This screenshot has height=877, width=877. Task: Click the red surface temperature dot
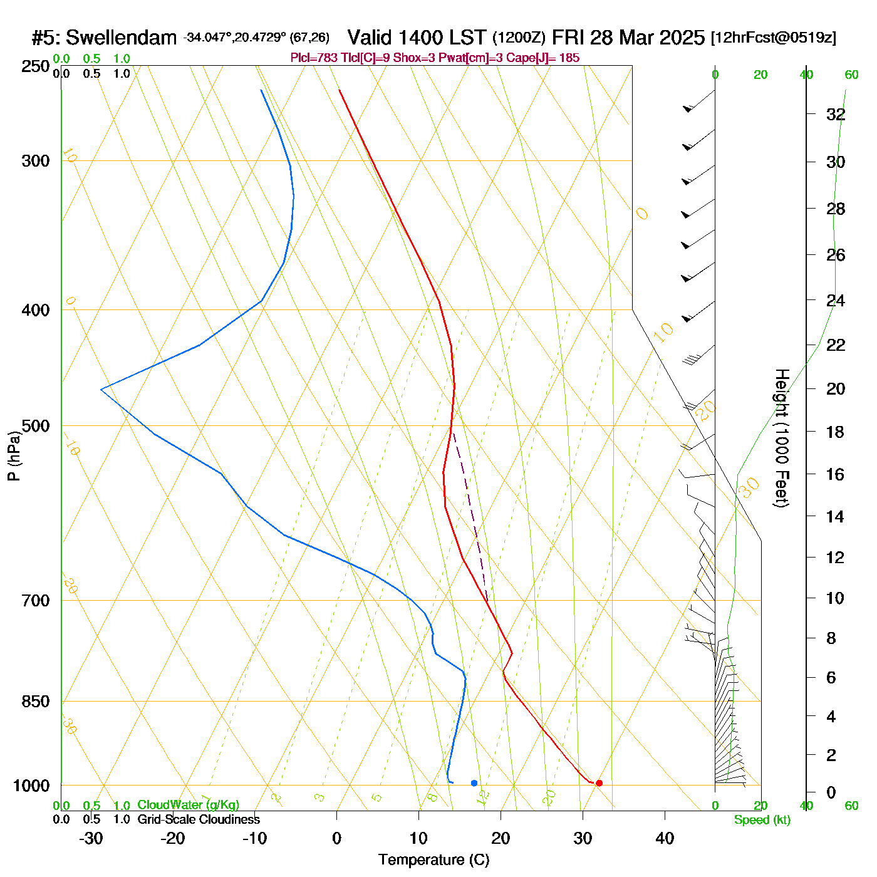(599, 783)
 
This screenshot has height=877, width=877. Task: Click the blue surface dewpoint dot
(474, 783)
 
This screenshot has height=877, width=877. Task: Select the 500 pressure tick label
(36, 426)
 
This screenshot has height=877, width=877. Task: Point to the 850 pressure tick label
(36, 702)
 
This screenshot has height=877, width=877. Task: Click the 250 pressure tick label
(36, 66)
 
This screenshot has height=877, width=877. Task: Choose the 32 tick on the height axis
(836, 115)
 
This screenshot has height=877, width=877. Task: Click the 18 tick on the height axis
(836, 432)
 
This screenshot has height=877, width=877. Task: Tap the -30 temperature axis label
(91, 838)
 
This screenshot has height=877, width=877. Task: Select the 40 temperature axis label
(665, 838)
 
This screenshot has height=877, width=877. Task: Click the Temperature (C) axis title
(433, 860)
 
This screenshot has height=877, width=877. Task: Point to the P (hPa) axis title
(14, 456)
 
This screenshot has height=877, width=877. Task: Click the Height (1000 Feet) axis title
(781, 438)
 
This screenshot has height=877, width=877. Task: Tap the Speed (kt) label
(762, 820)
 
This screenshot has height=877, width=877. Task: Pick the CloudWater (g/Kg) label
(188, 805)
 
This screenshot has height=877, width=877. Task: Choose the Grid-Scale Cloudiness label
(199, 819)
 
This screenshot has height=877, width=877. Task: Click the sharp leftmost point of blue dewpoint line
(101, 390)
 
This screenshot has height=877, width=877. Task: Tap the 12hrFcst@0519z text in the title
(774, 38)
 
